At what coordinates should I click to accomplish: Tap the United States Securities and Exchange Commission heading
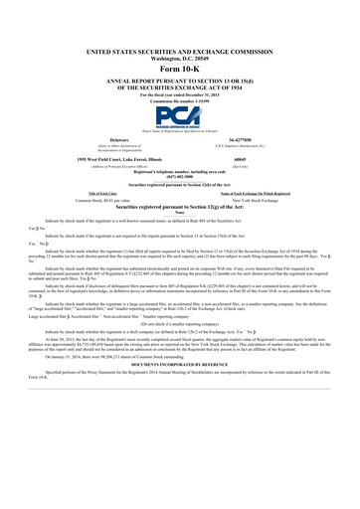(180, 49)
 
